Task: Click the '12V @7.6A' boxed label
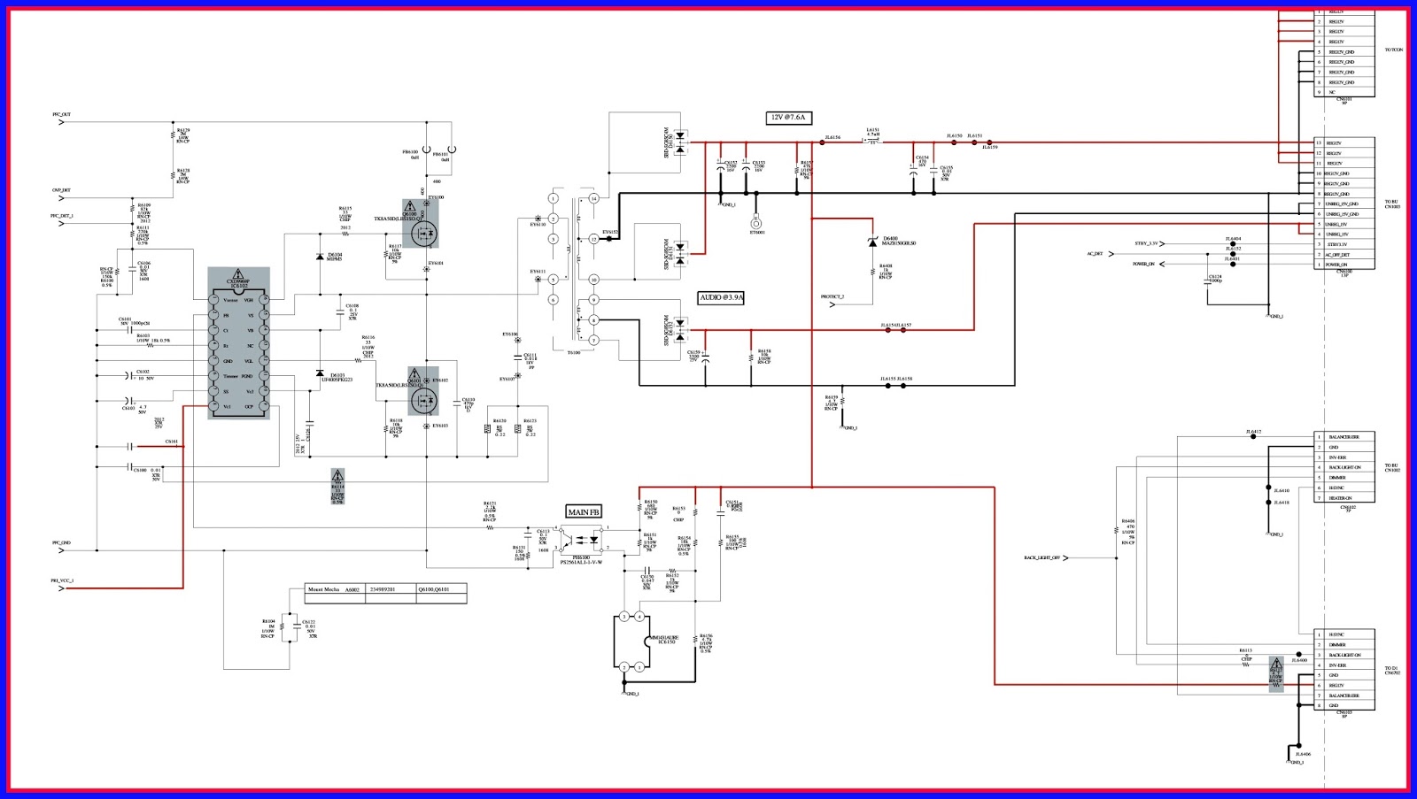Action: [788, 117]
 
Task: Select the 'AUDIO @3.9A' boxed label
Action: [721, 298]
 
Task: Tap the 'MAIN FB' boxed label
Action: [584, 512]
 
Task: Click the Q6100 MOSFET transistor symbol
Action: [424, 233]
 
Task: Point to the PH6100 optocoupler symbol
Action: [581, 539]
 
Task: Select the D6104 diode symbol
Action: [320, 257]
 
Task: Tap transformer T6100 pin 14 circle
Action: [593, 198]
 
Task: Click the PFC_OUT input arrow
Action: [61, 122]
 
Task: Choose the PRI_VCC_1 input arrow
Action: [61, 588]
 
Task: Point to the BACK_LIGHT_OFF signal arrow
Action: [1066, 558]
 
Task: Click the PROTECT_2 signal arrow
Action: [832, 304]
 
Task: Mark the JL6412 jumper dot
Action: [1253, 437]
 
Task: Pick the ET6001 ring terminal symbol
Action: [756, 224]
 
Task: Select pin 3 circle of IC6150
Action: [624, 617]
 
